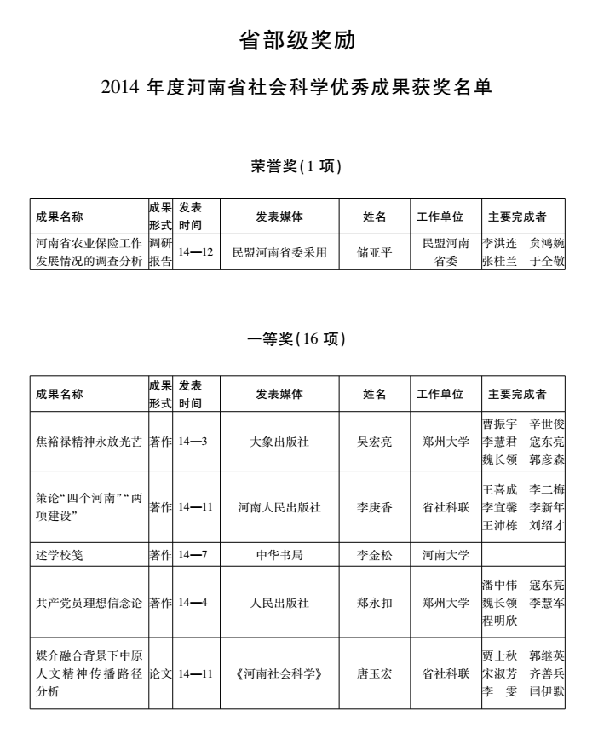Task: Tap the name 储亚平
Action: point(375,252)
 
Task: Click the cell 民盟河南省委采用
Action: point(279,252)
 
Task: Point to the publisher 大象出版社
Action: point(279,442)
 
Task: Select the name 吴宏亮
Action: point(375,442)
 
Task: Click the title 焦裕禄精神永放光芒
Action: point(89,442)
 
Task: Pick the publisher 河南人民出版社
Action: point(279,507)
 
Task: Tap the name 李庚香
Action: point(375,507)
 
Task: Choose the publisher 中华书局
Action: point(279,555)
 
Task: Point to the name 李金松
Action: point(375,555)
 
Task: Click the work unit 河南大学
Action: point(446,555)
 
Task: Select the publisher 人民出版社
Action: point(279,603)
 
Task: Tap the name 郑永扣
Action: point(375,603)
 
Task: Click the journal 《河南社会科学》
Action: point(279,673)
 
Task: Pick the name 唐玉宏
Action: point(375,673)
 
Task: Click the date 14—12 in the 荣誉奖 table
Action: point(196,252)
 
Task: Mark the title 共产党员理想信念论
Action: point(89,603)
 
